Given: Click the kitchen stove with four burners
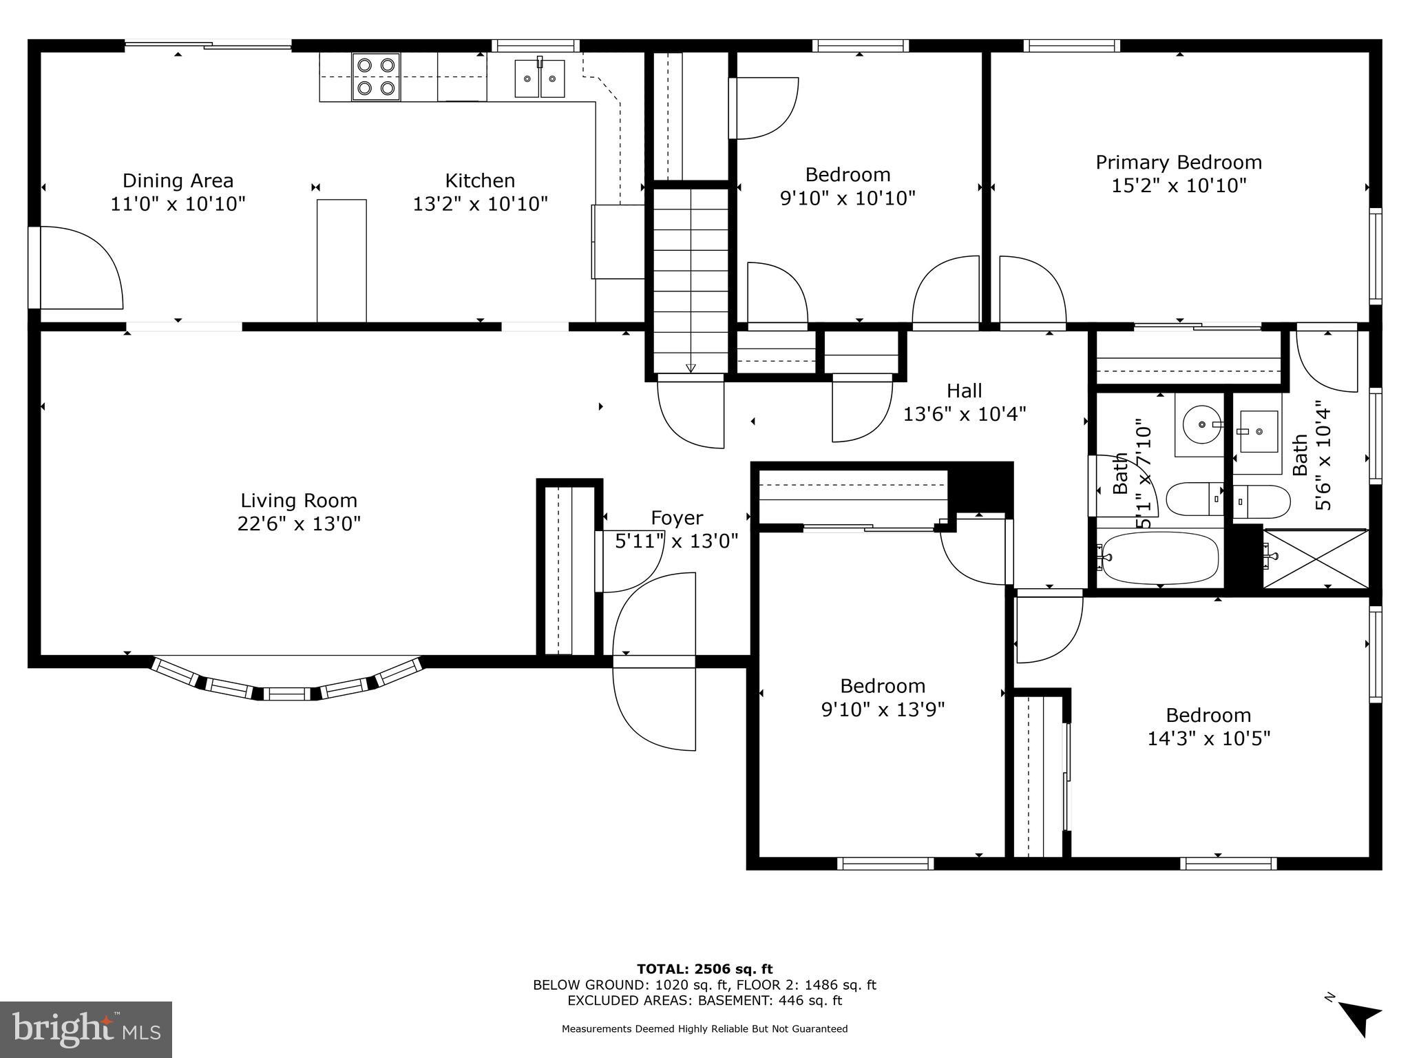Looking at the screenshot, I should (x=377, y=76).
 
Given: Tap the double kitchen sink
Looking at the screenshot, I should (x=540, y=78).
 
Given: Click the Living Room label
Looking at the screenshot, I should (x=299, y=500).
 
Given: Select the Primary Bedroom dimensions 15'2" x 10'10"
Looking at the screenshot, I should (x=1179, y=185).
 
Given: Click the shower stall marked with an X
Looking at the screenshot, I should (x=1316, y=559).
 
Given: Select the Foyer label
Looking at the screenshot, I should (x=677, y=517).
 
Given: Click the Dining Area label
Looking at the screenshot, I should (x=178, y=180).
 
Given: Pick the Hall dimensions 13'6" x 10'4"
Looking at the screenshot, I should (x=964, y=414).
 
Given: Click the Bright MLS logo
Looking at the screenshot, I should (x=86, y=1029).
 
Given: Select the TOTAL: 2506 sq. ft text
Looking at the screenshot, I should (x=704, y=969).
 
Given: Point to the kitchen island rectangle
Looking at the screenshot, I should (x=341, y=260).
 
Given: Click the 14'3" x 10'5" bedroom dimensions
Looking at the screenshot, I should (x=1208, y=738).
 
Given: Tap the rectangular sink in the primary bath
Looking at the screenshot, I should (x=1258, y=431).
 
